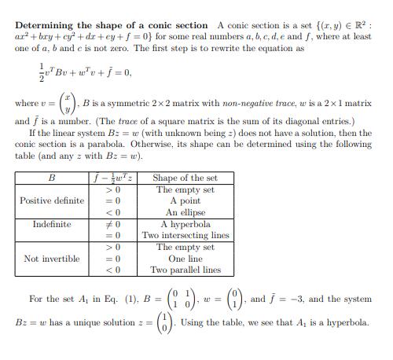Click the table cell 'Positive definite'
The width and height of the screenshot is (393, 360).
pyautogui.click(x=51, y=200)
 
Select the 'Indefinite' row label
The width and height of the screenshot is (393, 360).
pyautogui.click(x=51, y=224)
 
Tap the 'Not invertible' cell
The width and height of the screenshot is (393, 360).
pyautogui.click(x=51, y=258)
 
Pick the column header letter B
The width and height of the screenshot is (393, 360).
pyautogui.click(x=51, y=178)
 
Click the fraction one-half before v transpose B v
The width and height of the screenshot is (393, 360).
pyautogui.click(x=20, y=73)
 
